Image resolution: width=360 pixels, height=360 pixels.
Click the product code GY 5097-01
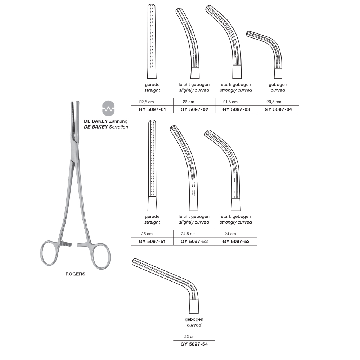152,109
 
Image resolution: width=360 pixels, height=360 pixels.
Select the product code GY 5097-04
278,109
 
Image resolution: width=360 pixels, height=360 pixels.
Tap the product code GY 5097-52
194,242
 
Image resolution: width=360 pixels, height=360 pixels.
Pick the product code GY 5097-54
194,344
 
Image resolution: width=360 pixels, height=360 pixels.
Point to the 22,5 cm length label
147,102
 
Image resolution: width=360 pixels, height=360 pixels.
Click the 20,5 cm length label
274,102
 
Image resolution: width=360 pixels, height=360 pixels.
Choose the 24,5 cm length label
188,234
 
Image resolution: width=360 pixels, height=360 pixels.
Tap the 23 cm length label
190,337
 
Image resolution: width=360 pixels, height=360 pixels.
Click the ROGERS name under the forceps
75,274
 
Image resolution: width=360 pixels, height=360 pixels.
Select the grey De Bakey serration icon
108,108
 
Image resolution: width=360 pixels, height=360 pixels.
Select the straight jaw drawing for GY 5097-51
152,165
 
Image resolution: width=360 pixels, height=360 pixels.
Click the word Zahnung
118,121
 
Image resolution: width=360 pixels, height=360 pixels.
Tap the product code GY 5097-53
236,242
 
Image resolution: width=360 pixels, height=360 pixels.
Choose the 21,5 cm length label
230,102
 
